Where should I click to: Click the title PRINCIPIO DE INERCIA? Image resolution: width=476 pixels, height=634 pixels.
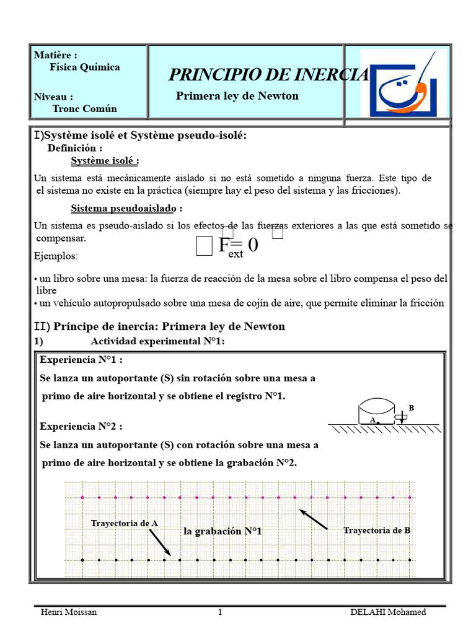tap(268, 75)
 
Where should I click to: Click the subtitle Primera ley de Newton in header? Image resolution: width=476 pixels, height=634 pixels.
tap(237, 96)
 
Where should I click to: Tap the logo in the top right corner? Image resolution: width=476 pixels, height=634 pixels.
tap(403, 82)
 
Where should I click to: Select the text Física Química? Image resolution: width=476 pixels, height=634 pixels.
tap(85, 67)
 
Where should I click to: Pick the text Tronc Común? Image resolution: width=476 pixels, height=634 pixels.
tap(84, 108)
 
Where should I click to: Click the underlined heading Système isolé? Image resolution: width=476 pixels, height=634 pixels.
tap(105, 161)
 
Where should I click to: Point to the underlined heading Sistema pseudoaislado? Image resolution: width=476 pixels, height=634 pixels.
tap(126, 208)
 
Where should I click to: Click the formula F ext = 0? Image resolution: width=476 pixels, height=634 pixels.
tap(238, 246)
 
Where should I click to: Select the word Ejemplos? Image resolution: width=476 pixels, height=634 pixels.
tap(56, 256)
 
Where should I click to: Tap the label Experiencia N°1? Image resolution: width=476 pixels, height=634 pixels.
tap(81, 360)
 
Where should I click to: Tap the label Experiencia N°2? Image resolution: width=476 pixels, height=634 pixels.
tap(81, 427)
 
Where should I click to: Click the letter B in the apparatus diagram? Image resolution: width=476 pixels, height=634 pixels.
tap(411, 408)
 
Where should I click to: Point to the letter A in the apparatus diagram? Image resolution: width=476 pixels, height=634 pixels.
tap(372, 419)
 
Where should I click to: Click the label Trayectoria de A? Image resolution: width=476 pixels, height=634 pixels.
tap(125, 523)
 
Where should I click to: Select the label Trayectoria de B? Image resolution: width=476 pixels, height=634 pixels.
tap(377, 530)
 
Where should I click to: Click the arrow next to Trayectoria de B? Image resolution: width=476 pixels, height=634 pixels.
tap(314, 519)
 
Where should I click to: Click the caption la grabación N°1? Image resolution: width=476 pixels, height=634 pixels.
tap(223, 531)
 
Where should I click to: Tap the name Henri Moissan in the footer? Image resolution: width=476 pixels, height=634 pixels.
tap(68, 612)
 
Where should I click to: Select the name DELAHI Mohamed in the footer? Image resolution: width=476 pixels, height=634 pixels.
tap(388, 612)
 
